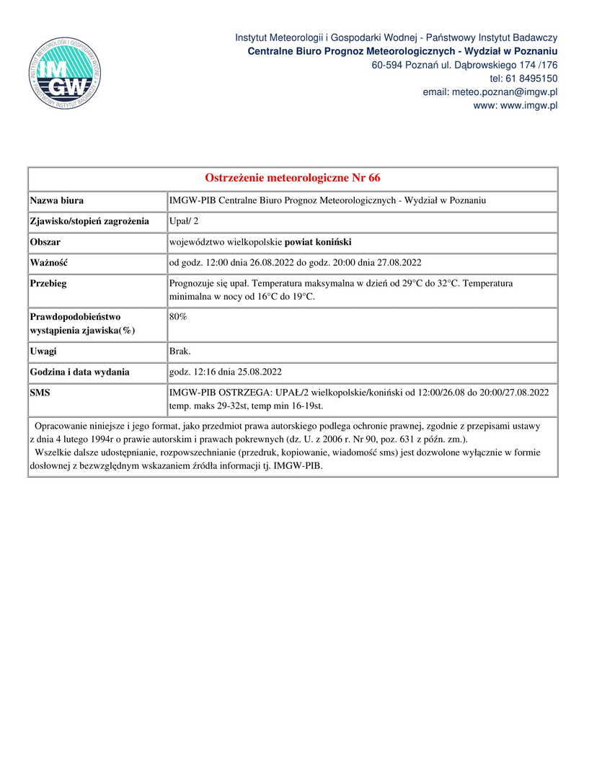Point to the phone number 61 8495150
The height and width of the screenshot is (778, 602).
coord(534,79)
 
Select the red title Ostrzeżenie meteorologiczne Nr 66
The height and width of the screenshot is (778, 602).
coord(293,178)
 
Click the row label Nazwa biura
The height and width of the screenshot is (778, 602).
coord(57,201)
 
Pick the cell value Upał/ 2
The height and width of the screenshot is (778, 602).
coord(179,221)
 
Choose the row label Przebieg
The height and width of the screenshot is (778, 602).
coord(48,284)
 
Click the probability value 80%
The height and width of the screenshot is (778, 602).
coord(178,317)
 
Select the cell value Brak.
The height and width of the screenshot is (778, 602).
coord(180,352)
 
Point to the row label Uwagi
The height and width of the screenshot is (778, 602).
coord(43,352)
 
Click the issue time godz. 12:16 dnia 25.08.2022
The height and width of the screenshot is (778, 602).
coord(225,372)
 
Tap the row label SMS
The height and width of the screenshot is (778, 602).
coord(40,393)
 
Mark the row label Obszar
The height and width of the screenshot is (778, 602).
coord(45,242)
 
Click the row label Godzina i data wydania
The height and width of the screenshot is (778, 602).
coord(80,372)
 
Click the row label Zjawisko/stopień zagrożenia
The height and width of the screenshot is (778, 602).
coord(89,221)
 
